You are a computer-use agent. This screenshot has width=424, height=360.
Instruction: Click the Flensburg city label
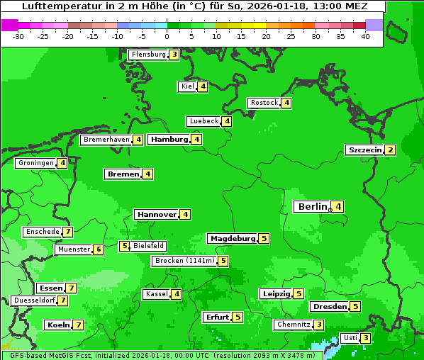148,55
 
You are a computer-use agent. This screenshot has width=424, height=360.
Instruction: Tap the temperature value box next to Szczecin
390,150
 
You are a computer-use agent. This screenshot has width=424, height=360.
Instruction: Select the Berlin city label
312,207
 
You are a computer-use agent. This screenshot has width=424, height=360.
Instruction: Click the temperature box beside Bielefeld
124,247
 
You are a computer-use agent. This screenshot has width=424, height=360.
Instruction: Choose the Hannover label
156,215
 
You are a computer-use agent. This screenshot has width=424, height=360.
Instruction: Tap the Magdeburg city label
232,239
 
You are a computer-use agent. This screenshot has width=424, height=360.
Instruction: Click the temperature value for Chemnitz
319,325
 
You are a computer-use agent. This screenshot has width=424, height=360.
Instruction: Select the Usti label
350,338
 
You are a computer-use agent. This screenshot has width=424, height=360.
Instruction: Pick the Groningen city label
36,163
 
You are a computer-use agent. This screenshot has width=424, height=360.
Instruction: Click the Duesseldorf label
34,300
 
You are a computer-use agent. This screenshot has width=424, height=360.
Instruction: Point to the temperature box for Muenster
99,249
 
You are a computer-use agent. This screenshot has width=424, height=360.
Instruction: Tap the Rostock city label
264,103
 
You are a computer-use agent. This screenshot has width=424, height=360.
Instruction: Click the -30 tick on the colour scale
18,35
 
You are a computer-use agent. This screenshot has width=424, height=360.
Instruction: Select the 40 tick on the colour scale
365,35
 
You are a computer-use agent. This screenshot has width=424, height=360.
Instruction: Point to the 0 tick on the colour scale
167,35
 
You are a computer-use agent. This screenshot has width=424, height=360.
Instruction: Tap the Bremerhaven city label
106,140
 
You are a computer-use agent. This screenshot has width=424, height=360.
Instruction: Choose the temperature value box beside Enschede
67,232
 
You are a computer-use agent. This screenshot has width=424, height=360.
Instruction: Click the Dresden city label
329,307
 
